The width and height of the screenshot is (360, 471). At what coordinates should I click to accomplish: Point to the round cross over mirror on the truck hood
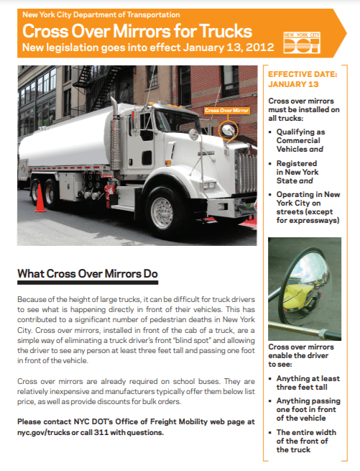pos(227,130)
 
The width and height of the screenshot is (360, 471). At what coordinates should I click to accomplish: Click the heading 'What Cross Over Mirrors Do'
pos(87,275)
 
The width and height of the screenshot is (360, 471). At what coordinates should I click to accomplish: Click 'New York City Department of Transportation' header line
pos(101,14)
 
